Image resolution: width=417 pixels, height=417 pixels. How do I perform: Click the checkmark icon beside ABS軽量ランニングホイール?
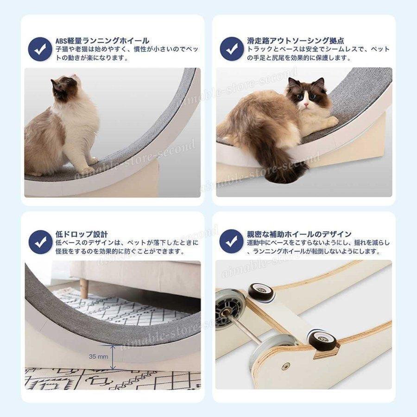click(x=40, y=49)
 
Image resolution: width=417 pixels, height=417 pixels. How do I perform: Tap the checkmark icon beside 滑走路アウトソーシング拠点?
click(x=232, y=49)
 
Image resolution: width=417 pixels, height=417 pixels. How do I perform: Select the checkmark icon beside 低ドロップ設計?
click(x=40, y=242)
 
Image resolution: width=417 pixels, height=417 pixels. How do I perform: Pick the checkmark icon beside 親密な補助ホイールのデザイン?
click(x=231, y=241)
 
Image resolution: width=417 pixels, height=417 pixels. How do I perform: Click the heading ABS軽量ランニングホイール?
click(x=102, y=41)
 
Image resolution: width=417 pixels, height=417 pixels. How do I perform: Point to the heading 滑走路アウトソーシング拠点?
click(x=296, y=41)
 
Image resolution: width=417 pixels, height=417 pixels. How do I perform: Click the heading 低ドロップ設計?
click(x=82, y=234)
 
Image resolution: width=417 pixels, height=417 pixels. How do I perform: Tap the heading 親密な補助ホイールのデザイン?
click(x=299, y=234)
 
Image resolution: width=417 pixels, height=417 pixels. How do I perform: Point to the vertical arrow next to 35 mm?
click(x=113, y=357)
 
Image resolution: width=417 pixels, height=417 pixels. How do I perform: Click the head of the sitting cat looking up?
click(x=65, y=87)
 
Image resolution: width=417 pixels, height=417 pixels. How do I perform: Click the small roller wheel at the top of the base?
click(x=261, y=292)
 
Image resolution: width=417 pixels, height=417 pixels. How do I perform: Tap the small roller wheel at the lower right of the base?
click(x=322, y=339)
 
